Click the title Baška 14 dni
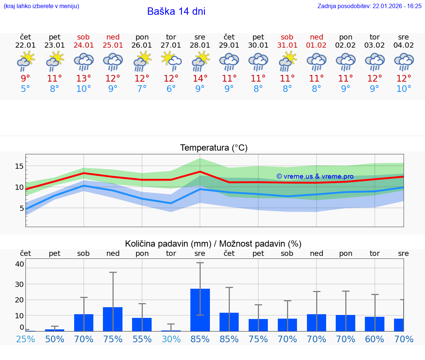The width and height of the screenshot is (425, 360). [x=176, y=11]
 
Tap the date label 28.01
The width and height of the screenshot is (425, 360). [x=200, y=45]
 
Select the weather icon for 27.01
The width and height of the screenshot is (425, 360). [x=171, y=61]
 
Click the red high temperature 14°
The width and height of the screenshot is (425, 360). [x=200, y=78]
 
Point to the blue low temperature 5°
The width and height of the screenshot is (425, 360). [x=25, y=89]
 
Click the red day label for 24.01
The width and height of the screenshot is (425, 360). [x=83, y=37]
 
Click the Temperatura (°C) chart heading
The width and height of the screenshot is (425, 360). [x=214, y=148]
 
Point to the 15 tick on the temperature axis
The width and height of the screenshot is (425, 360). [x=19, y=166]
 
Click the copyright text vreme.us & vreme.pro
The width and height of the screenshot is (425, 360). [x=315, y=176]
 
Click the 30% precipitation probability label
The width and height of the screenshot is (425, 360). [x=171, y=339]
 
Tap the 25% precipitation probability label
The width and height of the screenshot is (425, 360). [x=25, y=339]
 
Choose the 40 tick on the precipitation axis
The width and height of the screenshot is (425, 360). [x=20, y=264]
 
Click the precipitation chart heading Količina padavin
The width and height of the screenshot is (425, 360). [x=213, y=244]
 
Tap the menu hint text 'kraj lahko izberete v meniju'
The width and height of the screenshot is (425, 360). [x=41, y=6]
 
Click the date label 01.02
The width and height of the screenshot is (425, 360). [x=316, y=45]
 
